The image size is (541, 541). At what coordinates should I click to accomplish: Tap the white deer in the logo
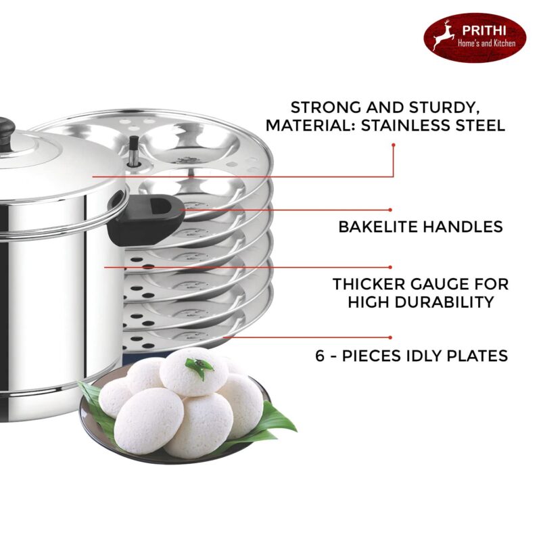pos(444,37)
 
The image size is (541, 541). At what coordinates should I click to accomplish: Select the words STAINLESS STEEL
pos(435,125)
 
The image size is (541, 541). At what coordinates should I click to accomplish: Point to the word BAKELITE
pos(378,227)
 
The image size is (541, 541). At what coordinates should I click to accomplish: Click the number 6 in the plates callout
pos(321,355)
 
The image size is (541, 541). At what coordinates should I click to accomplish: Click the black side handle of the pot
pos(145,218)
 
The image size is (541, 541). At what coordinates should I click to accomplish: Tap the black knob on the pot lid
pos(5,127)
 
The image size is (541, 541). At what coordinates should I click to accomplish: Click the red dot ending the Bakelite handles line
pos(391,210)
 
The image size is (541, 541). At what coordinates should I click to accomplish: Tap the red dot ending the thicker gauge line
pos(391,267)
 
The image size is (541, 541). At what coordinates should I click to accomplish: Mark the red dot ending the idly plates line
pos(391,337)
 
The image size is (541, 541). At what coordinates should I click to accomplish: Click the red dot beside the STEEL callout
pos(393,143)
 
